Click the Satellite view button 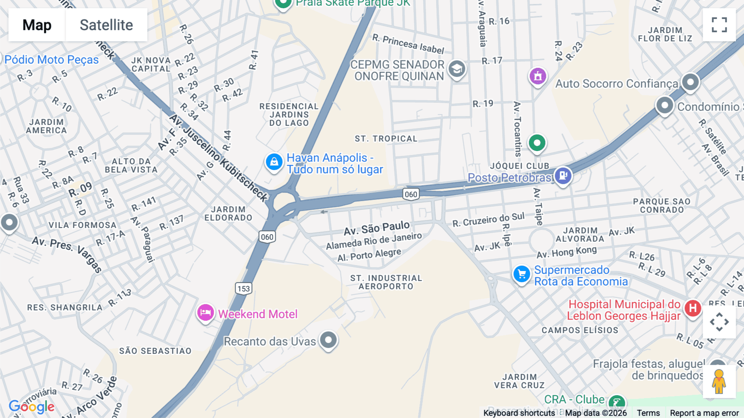(106, 25)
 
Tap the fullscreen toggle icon (719, 25)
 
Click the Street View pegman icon (719, 382)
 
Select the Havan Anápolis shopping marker (274, 162)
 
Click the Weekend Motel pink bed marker (205, 313)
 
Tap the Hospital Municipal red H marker (693, 308)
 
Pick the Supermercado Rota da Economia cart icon (522, 274)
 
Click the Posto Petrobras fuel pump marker (563, 175)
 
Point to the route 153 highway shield (243, 288)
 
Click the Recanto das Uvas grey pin (329, 340)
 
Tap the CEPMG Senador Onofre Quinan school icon (457, 69)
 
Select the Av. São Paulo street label (377, 228)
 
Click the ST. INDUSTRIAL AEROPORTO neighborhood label (386, 282)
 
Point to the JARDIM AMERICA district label (46, 126)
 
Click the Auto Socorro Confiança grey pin (690, 82)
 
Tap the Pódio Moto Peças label (51, 60)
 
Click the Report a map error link (704, 413)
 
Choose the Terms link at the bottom (648, 413)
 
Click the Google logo (31, 407)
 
